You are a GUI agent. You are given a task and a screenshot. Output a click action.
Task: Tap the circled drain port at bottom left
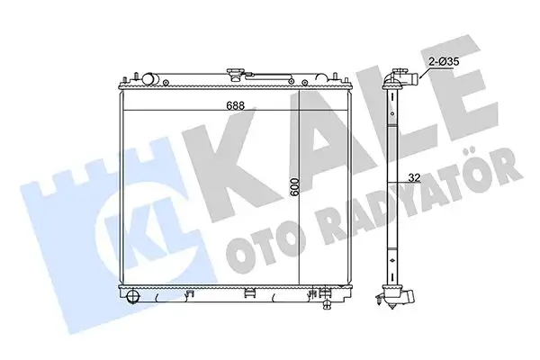click(x=132, y=296)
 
